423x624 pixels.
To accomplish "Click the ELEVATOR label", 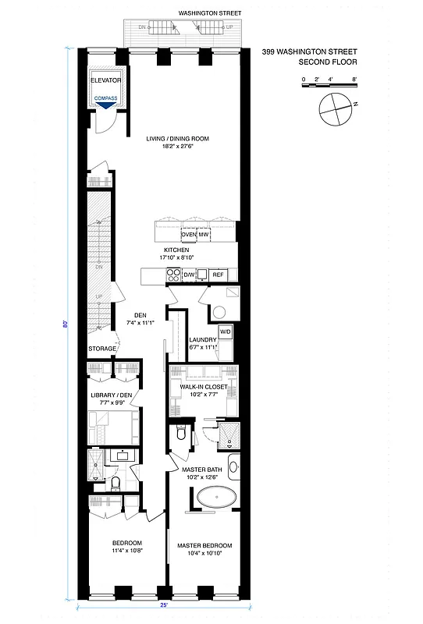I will pos(105,80).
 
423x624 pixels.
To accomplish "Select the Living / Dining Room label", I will pos(178,140).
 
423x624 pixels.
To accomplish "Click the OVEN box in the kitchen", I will pos(188,235).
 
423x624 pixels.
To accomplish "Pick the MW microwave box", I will pos(203,235).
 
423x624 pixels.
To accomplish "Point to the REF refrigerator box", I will pos(218,275).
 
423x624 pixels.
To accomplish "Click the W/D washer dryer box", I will pos(225,332).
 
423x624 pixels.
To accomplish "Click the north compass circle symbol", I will pos(333,108).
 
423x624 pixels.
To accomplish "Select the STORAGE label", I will pos(101,349).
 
